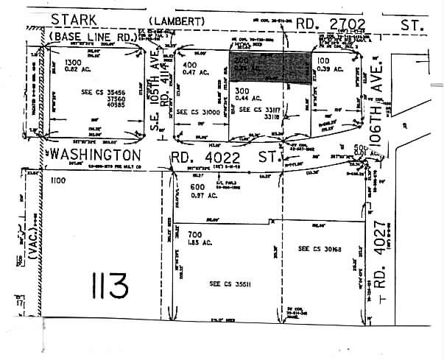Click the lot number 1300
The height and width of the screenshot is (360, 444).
coord(74,62)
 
